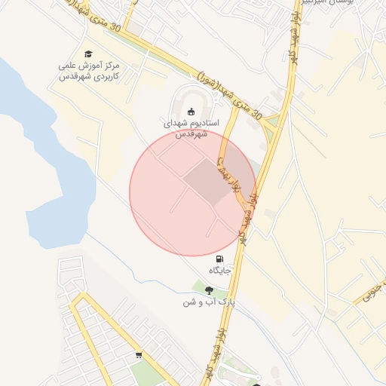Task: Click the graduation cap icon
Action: coord(89,54)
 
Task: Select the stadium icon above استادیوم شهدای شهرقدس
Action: coord(190,110)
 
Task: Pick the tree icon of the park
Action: coord(209,289)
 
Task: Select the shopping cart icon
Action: coord(139,355)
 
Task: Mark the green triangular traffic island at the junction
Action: coord(272,120)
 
